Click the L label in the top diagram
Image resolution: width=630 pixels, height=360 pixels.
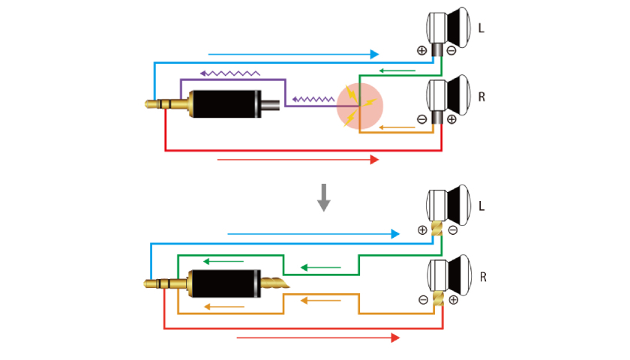point(481,28)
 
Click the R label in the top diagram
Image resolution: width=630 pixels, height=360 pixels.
point(481,97)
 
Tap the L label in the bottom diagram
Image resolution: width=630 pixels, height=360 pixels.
point(481,205)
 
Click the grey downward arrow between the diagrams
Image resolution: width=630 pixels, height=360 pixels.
point(324,196)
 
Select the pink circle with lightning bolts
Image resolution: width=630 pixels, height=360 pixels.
point(360,105)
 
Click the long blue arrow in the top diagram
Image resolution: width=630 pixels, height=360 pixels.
point(293,54)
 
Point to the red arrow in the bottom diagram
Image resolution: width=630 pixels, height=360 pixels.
point(318,338)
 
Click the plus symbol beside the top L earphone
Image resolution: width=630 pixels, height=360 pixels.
point(421,50)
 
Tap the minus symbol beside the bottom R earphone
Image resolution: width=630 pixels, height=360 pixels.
point(423,300)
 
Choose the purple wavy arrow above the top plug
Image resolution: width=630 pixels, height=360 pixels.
point(229,73)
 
